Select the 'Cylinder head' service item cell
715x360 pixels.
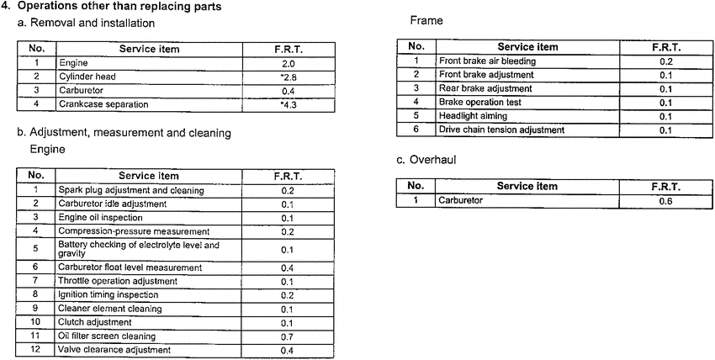tap(89, 77)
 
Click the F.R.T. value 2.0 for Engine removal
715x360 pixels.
tap(288, 63)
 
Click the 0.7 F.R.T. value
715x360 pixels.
tap(287, 336)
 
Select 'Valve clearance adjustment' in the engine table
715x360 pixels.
tap(114, 349)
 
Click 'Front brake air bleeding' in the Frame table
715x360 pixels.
tap(487, 61)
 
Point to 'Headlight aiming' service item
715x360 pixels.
tap(472, 116)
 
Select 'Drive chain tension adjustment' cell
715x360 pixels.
tap(501, 130)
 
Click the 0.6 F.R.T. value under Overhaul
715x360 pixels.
tap(665, 200)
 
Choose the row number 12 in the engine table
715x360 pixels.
tap(36, 349)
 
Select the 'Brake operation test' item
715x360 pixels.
tap(480, 103)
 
